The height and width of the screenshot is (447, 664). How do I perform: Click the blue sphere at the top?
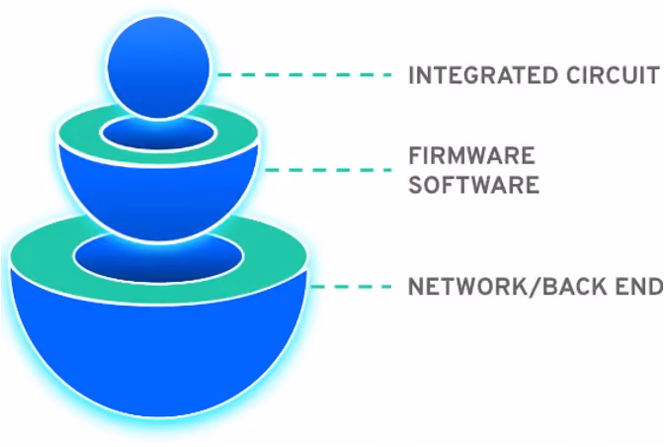pos(158,68)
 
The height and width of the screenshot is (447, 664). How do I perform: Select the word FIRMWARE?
pos(471,155)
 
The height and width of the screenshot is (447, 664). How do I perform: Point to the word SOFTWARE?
pos(474,185)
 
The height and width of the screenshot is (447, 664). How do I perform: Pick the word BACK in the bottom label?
pos(568,287)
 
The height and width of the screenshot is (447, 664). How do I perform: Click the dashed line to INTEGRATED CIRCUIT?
pos(304,75)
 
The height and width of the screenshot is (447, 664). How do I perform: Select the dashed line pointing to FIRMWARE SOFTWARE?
pos(328,170)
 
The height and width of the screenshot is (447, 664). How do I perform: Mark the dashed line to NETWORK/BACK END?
pos(352,287)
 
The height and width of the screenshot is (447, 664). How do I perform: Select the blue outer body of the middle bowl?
pos(158,199)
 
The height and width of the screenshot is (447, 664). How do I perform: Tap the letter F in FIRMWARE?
pos(415,155)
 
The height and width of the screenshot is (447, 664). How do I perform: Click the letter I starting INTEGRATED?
pos(411,75)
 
